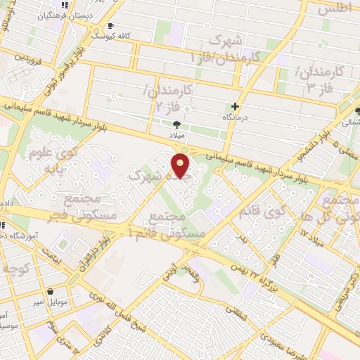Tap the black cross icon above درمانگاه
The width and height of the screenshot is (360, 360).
[235, 106]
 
